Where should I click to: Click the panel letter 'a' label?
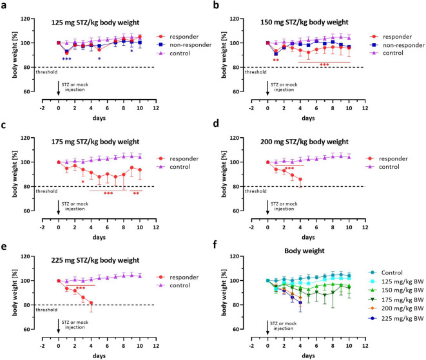point(4,5)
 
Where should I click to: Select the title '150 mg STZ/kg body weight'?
point(304,23)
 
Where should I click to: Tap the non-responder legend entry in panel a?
point(184,45)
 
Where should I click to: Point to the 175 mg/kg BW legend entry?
point(396,299)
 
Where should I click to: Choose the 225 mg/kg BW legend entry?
point(396,318)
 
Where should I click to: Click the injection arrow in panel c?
point(58,207)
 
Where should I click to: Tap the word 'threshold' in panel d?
point(255,191)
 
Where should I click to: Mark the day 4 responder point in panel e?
point(91,303)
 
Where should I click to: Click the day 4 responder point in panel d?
point(300,179)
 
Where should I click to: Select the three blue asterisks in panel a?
point(66,59)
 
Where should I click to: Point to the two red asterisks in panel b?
point(276,61)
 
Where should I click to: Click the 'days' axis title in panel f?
point(308,355)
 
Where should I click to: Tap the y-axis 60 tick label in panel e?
point(26,329)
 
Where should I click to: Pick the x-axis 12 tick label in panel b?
point(365,108)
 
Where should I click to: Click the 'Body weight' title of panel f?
point(304,251)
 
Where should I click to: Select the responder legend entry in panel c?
point(178,158)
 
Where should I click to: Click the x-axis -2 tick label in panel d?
point(251,227)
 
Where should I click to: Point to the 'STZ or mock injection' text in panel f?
point(284,326)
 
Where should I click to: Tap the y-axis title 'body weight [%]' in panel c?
point(14,174)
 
